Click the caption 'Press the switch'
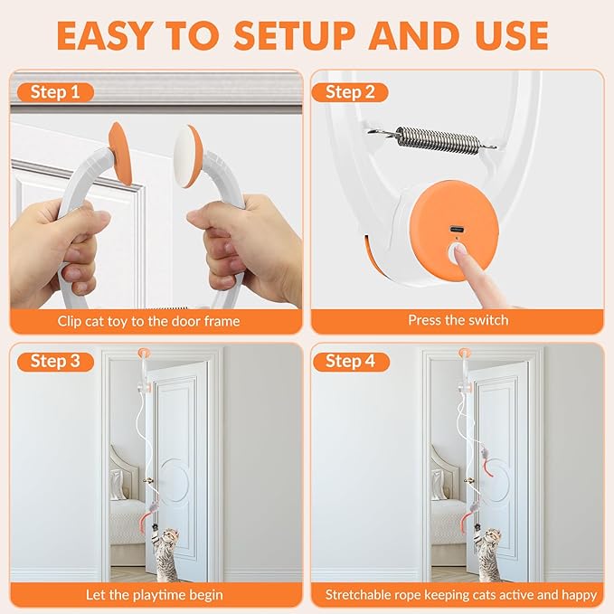[x=458, y=320]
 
